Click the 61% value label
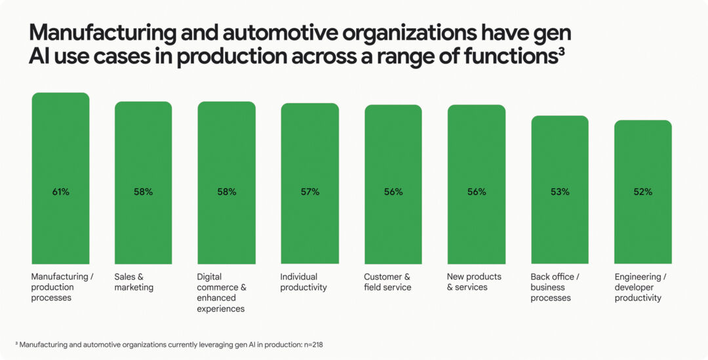(60, 192)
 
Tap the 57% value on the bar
(310, 192)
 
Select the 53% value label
(560, 192)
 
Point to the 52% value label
(643, 192)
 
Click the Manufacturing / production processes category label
(62, 287)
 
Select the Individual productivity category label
(303, 282)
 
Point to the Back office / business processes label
(554, 287)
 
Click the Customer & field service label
(387, 282)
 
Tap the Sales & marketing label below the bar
(134, 282)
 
